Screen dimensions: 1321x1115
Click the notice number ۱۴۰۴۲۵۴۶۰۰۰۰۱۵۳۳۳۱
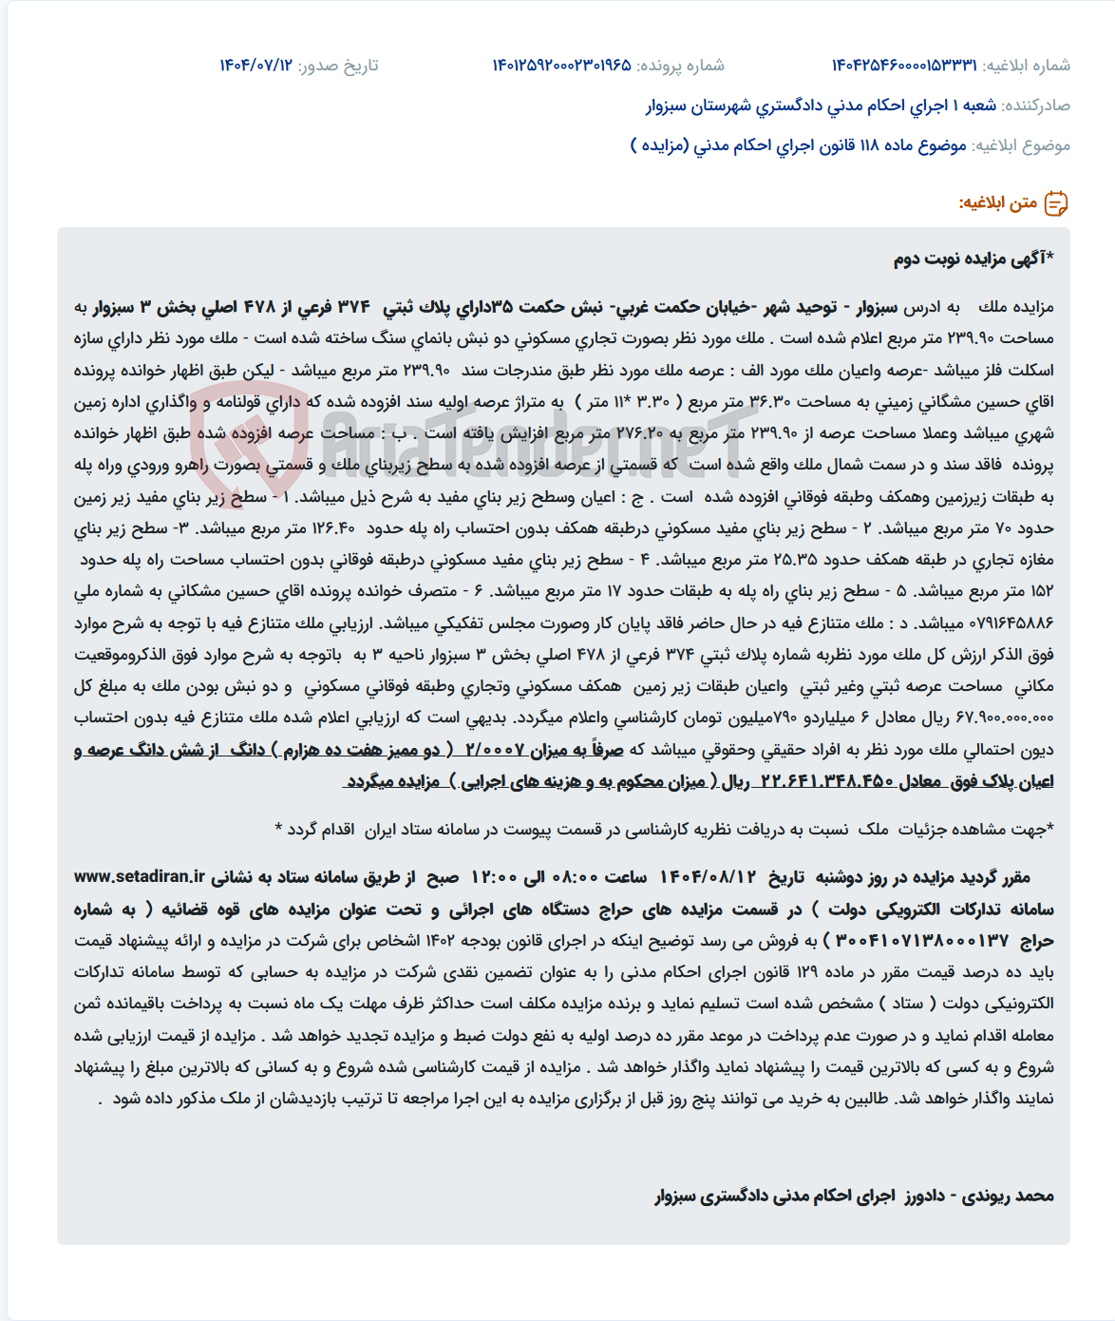(x=904, y=65)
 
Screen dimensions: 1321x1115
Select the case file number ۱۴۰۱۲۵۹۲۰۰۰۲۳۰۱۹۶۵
(x=561, y=65)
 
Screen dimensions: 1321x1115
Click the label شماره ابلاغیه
(x=1027, y=65)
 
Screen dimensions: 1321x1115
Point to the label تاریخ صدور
(x=338, y=65)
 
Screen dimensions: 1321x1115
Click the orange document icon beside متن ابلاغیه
(x=1056, y=202)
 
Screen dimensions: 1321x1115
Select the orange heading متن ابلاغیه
(x=998, y=202)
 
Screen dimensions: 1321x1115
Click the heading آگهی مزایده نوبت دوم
(x=973, y=258)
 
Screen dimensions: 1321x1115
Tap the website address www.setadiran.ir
(x=140, y=876)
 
